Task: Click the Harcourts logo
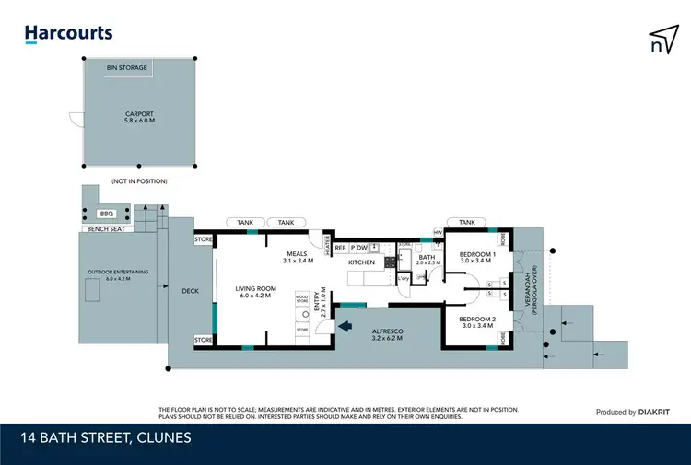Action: click(68, 33)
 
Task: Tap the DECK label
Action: click(190, 291)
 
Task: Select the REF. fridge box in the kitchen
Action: click(340, 248)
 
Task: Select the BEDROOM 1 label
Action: click(478, 257)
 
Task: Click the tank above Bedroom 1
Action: click(466, 222)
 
